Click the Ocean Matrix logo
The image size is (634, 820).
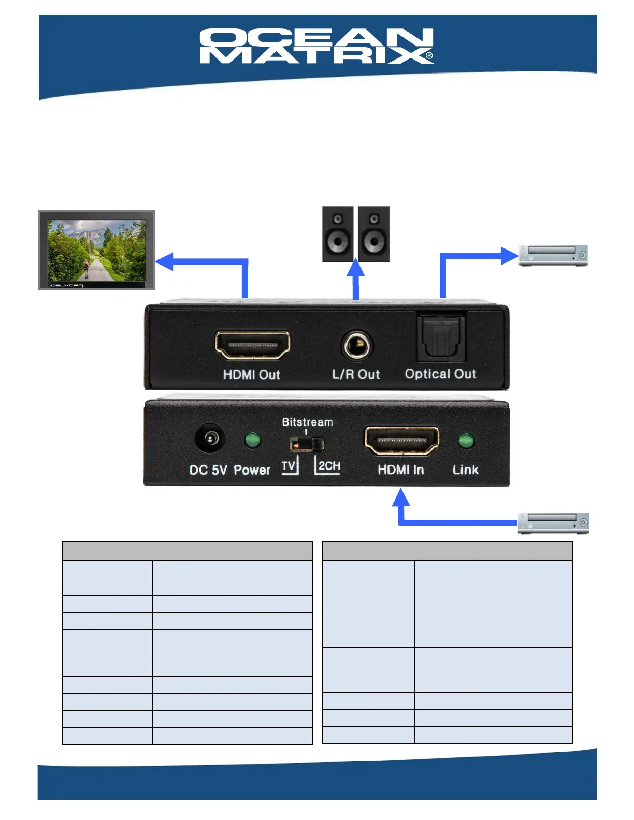point(316,46)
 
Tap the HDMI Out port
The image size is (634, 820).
point(252,345)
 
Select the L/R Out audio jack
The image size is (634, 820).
point(357,345)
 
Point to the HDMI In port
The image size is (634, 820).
point(401,441)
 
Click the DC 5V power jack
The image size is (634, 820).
point(209,439)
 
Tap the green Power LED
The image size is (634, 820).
point(252,440)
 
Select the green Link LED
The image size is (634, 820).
point(466,441)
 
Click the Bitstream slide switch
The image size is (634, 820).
point(307,444)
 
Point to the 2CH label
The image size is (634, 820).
point(329,466)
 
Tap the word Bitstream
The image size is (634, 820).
point(307,422)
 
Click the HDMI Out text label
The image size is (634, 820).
point(251,375)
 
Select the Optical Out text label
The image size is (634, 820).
point(440,374)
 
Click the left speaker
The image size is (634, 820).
point(338,234)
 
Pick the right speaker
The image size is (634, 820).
point(373,234)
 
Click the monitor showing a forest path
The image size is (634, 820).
point(96,250)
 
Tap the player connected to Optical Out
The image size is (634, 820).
point(553,255)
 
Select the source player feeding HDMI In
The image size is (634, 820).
point(553,523)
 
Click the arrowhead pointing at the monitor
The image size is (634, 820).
point(165,261)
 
